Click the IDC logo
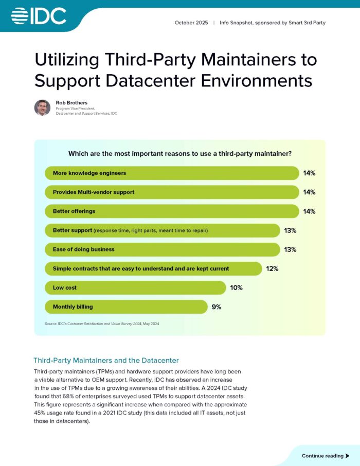(39, 16)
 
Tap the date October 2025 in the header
(191, 23)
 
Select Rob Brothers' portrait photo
(42, 107)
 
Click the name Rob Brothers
(71, 102)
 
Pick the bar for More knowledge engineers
(172, 173)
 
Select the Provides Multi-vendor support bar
(172, 192)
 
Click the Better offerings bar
(172, 211)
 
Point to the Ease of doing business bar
(162, 249)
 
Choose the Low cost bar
(135, 288)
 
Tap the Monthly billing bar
(126, 307)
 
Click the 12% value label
(272, 268)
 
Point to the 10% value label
(236, 288)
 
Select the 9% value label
(217, 307)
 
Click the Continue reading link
(322, 456)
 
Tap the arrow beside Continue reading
(348, 456)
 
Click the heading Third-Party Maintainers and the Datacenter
(106, 360)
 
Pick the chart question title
(180, 153)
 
